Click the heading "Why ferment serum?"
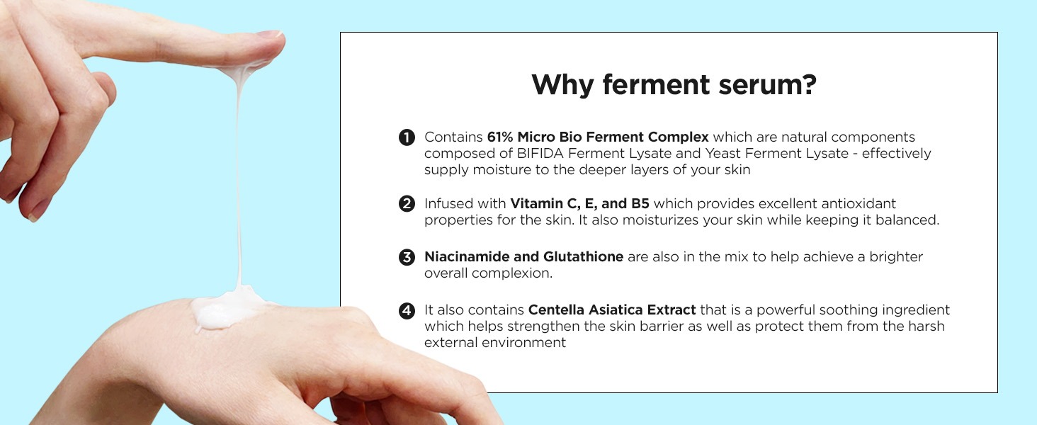pyautogui.click(x=674, y=85)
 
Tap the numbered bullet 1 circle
pyautogui.click(x=407, y=137)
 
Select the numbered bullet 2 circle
pyautogui.click(x=407, y=204)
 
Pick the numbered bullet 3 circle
pyautogui.click(x=407, y=257)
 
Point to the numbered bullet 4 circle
pyautogui.click(x=407, y=310)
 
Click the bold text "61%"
pyautogui.click(x=500, y=137)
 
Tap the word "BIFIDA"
pyautogui.click(x=540, y=153)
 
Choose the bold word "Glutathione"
pyautogui.click(x=584, y=256)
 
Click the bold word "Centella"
pyautogui.click(x=556, y=310)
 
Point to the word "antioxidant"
pyautogui.click(x=858, y=204)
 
